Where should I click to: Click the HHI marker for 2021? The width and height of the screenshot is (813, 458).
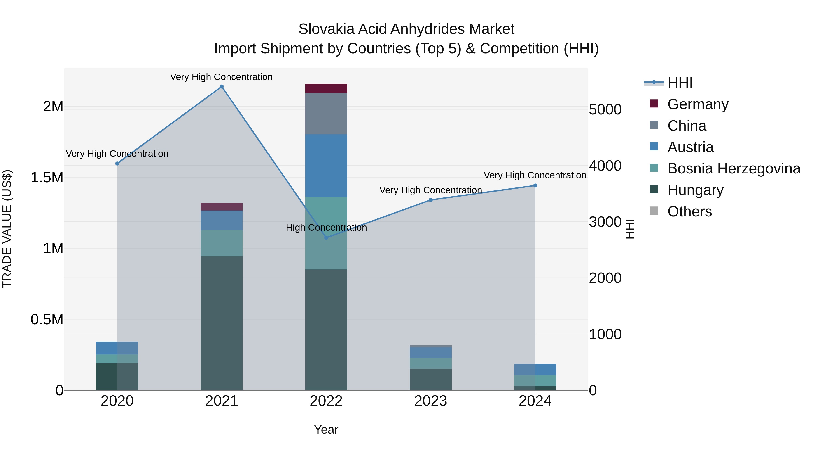(x=222, y=87)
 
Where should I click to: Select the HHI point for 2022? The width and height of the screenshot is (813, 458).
(x=326, y=238)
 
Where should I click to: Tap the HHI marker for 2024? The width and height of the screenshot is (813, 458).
(x=535, y=185)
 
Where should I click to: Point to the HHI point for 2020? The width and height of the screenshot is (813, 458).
(x=117, y=164)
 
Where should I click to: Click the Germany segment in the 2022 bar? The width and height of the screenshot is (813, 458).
(x=326, y=88)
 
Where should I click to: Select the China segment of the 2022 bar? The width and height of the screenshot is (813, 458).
(x=326, y=114)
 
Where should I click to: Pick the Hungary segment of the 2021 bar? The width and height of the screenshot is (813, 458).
(x=222, y=322)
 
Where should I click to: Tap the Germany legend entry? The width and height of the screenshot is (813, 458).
(x=698, y=104)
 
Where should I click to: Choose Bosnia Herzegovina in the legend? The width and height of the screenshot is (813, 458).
(x=734, y=168)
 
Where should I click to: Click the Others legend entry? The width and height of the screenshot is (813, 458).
(x=690, y=211)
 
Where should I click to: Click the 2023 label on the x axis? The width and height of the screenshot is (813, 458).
(x=430, y=401)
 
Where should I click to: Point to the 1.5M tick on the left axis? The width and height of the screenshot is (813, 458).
(x=47, y=177)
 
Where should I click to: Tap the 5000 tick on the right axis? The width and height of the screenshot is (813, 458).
(x=605, y=110)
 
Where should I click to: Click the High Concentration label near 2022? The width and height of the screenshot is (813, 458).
(x=326, y=228)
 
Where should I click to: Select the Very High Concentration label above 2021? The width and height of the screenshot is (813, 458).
(x=221, y=77)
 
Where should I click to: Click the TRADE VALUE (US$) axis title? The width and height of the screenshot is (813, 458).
(x=7, y=229)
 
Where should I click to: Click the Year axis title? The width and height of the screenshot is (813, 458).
(x=326, y=430)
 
